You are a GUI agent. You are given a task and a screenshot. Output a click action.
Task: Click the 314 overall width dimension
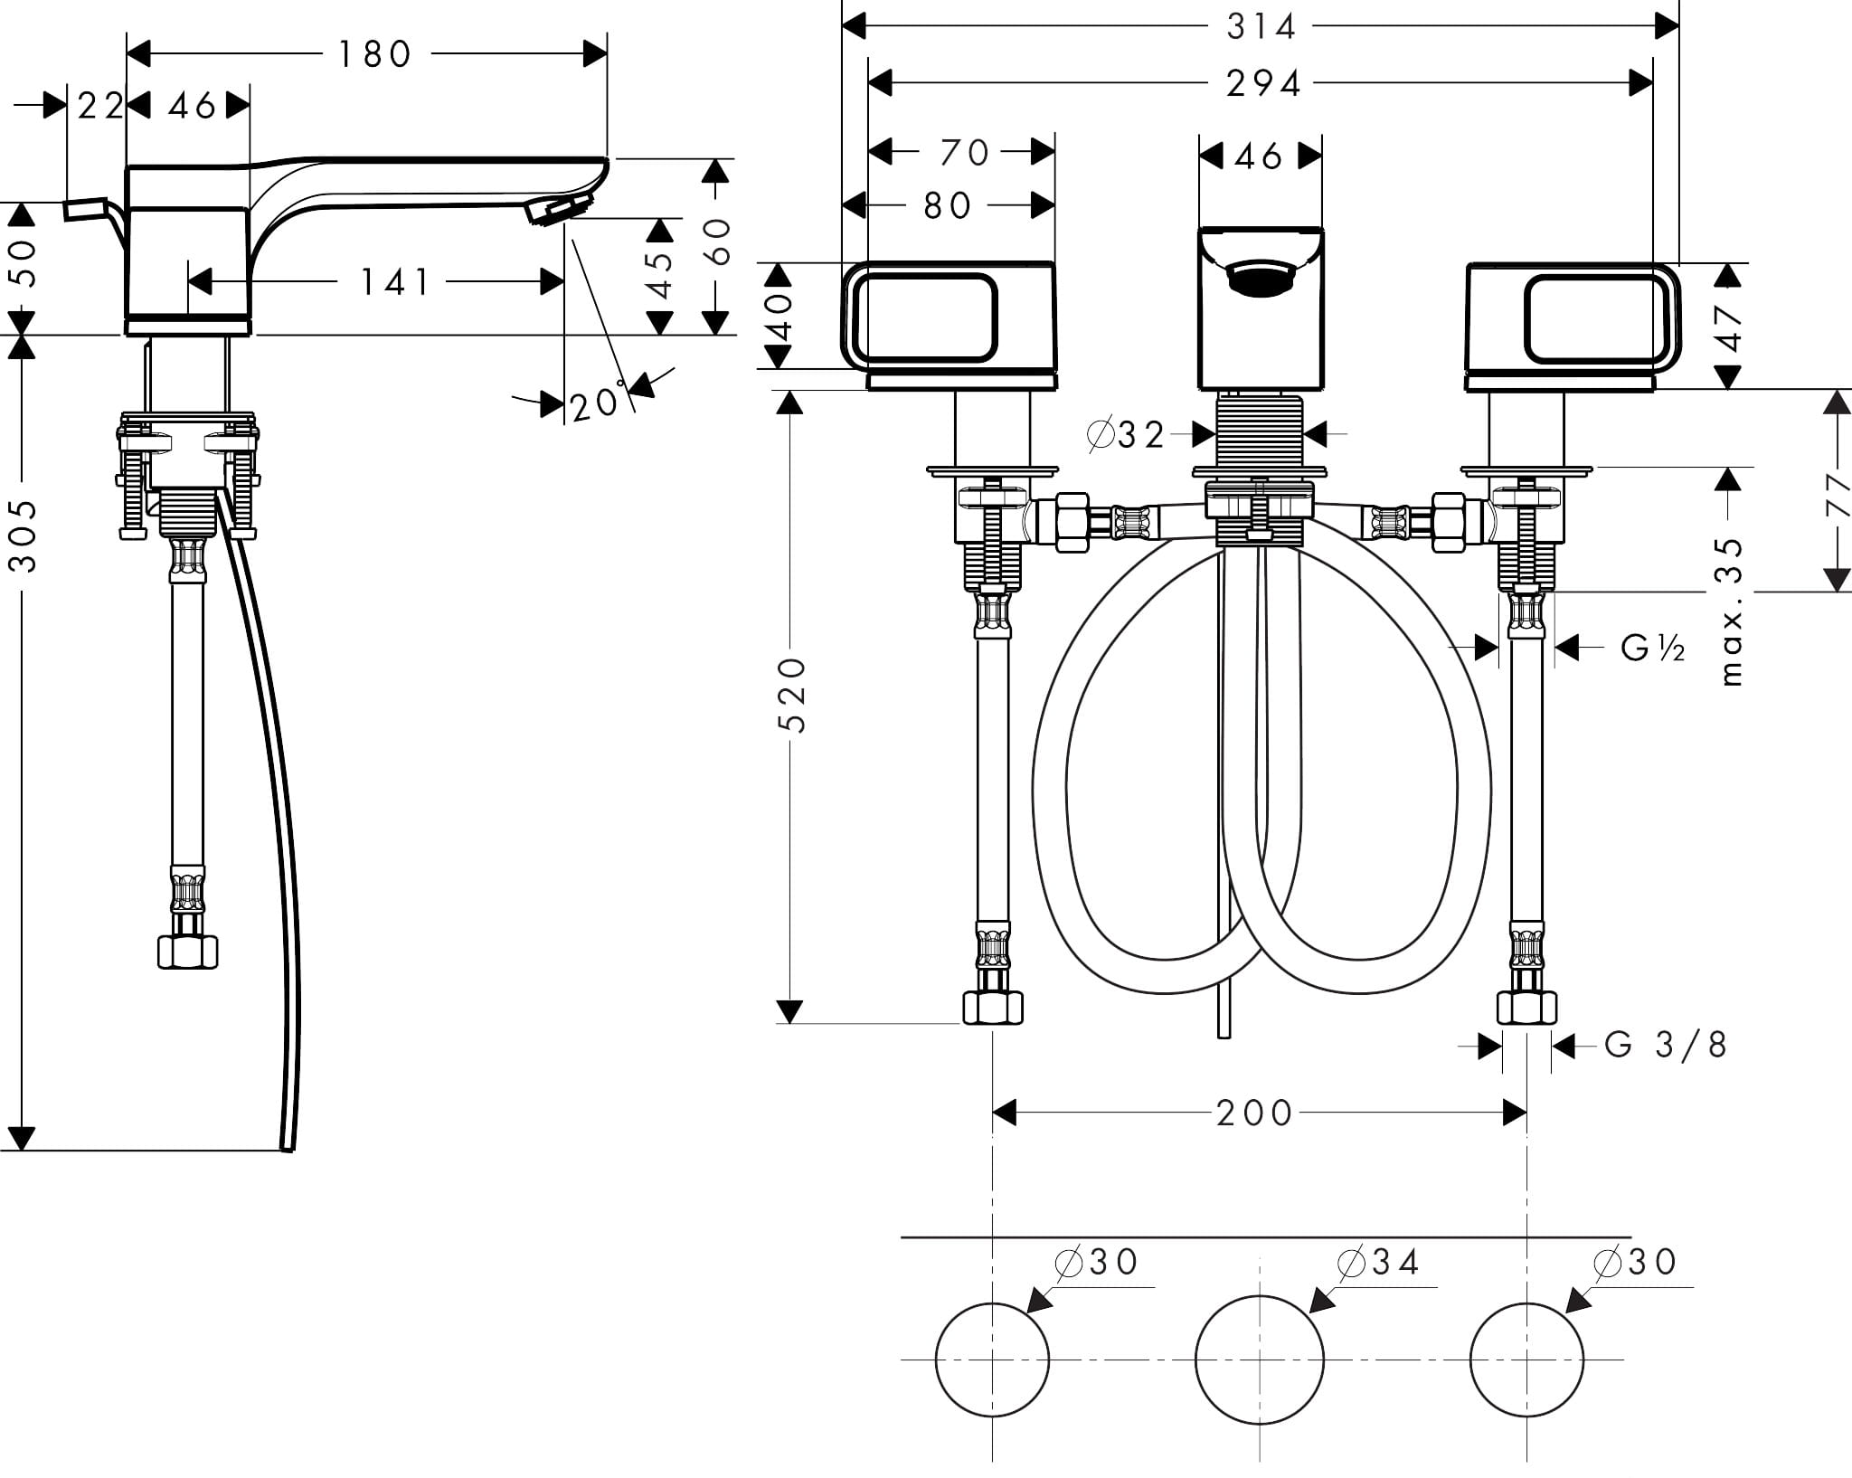[1261, 27]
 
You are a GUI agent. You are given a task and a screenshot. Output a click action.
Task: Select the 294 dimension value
[1262, 84]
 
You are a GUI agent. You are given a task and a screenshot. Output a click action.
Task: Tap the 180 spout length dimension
[375, 55]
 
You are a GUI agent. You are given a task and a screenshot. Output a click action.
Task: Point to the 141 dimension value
[396, 282]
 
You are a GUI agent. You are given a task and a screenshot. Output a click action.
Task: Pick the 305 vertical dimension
[24, 535]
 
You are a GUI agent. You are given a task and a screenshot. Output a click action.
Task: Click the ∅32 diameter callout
[1127, 436]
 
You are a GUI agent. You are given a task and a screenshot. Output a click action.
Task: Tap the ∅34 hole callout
[1378, 1262]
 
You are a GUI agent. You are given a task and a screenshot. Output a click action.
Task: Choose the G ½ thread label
[1652, 648]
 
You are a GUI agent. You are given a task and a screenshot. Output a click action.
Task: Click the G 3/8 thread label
[1665, 1046]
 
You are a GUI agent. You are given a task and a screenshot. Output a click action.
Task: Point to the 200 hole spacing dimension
[1254, 1113]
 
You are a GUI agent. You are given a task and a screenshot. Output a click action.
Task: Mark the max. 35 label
[1729, 611]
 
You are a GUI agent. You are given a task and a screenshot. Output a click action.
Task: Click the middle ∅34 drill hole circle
[1259, 1359]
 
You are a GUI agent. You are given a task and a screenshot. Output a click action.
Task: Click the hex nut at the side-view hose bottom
[187, 952]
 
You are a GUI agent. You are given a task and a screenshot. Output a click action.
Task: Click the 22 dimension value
[100, 107]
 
